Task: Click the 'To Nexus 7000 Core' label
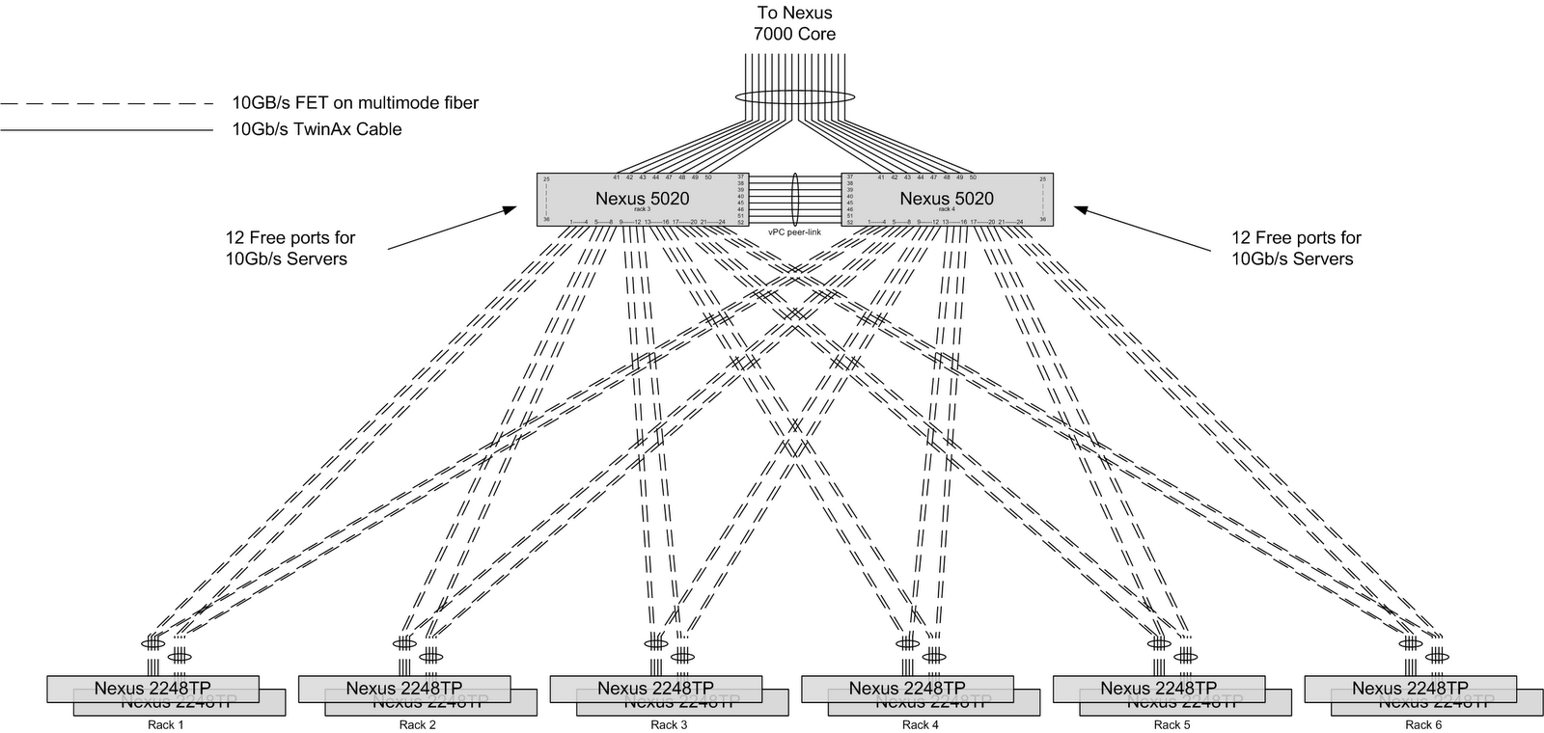pyautogui.click(x=794, y=24)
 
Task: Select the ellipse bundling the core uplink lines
pyautogui.click(x=794, y=97)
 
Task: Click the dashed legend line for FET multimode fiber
pyautogui.click(x=106, y=103)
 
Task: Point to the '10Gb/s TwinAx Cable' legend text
pyautogui.click(x=317, y=129)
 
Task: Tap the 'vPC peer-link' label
pyautogui.click(x=794, y=232)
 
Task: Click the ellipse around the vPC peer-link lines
pyautogui.click(x=795, y=200)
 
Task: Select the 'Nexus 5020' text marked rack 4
pyautogui.click(x=947, y=199)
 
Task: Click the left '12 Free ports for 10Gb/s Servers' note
pyautogui.click(x=290, y=248)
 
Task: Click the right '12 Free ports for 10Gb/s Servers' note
pyautogui.click(x=1296, y=248)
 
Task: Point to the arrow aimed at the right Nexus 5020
pyautogui.click(x=1144, y=228)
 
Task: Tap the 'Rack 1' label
pyautogui.click(x=166, y=725)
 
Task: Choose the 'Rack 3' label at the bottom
pyautogui.click(x=669, y=725)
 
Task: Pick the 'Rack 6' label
pyautogui.click(x=1423, y=725)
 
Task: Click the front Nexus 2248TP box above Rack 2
pyautogui.click(x=403, y=688)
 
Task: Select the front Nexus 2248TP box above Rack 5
pyautogui.click(x=1158, y=688)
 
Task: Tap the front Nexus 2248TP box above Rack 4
pyautogui.click(x=907, y=688)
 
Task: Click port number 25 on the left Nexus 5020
pyautogui.click(x=546, y=179)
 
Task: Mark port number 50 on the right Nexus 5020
pyautogui.click(x=973, y=177)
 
